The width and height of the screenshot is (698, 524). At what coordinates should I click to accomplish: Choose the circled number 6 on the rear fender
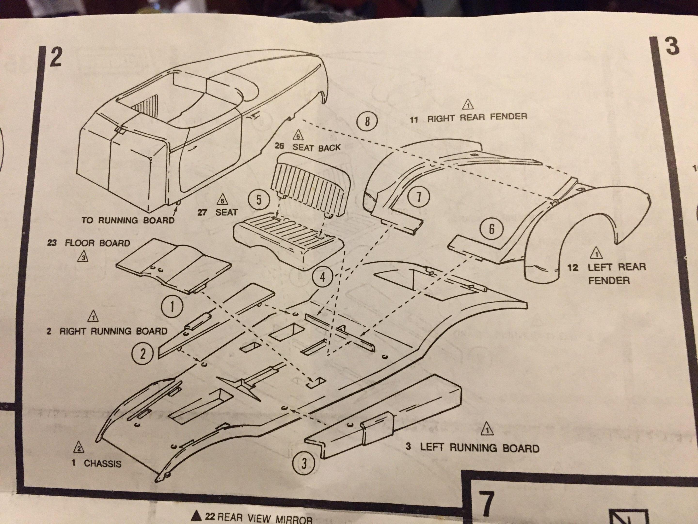(491, 229)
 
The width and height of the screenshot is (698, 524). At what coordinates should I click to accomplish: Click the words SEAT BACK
(316, 147)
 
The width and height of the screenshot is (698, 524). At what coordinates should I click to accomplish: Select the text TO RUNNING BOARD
(128, 220)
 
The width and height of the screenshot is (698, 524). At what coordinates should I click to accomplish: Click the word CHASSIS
(102, 464)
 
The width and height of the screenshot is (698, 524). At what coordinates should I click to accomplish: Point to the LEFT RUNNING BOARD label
(479, 448)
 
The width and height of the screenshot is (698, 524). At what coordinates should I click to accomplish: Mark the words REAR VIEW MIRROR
(265, 519)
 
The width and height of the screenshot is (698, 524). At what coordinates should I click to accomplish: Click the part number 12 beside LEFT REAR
(573, 268)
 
